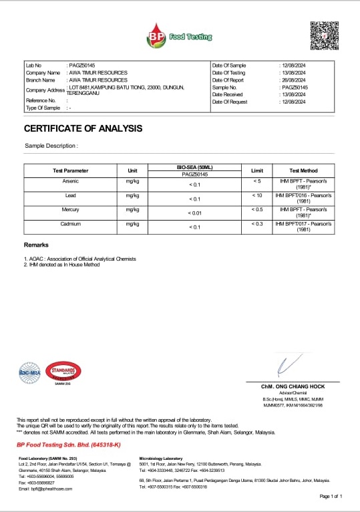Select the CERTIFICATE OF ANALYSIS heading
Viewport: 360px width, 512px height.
[83, 128]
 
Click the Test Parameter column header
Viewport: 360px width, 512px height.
[70, 170]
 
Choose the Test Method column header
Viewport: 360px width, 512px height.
[303, 170]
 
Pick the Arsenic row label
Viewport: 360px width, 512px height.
[70, 181]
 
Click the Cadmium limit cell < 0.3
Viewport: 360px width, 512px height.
[257, 224]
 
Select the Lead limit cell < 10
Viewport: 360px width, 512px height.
[257, 195]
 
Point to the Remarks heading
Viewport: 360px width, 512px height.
[36, 245]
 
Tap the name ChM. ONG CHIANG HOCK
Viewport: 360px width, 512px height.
[292, 387]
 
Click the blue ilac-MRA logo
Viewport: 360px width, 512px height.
[30, 372]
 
